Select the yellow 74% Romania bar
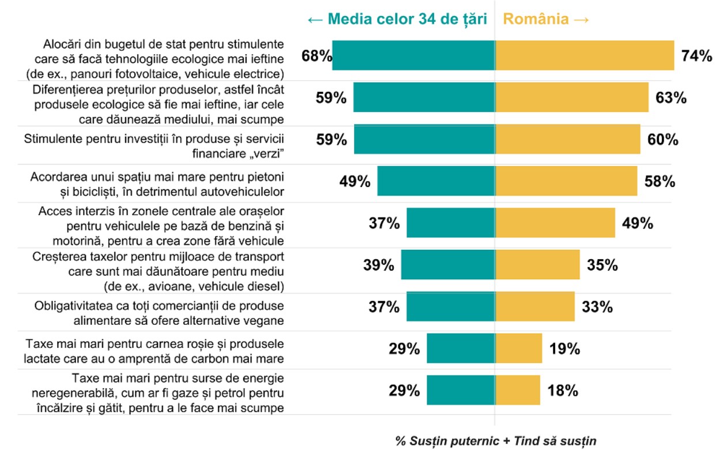pyautogui.click(x=585, y=55)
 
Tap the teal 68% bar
pyautogui.click(x=413, y=55)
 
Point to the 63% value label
pyautogui.click(x=671, y=97)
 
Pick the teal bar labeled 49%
pyautogui.click(x=436, y=182)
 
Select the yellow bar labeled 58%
pyautogui.click(x=566, y=182)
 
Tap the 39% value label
pyautogui.click(x=379, y=265)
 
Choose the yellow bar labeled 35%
pyautogui.click(x=537, y=265)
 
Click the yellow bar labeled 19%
pyautogui.click(x=519, y=348)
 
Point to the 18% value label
pyautogui.click(x=562, y=391)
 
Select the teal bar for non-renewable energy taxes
pyautogui.click(x=461, y=391)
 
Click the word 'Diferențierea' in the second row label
pyautogui.click(x=66, y=91)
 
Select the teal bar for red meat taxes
pyautogui.click(x=461, y=348)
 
